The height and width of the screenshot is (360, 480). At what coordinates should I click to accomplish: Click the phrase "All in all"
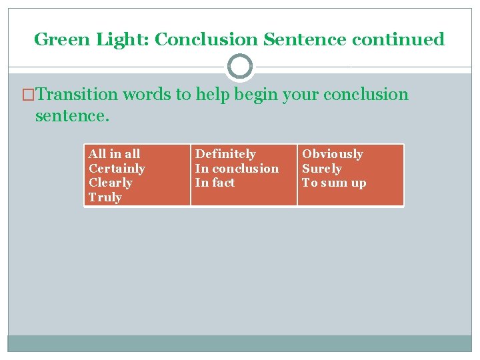point(114,154)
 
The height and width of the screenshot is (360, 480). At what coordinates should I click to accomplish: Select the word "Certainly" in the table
point(117,169)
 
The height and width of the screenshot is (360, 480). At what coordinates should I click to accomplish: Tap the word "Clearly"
point(111,183)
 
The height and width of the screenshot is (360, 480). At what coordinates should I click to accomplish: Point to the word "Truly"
point(105,197)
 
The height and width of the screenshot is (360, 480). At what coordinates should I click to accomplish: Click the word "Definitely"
point(225,154)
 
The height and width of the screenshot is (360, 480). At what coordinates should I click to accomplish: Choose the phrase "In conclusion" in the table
point(237,169)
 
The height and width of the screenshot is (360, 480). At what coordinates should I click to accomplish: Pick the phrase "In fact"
point(215,183)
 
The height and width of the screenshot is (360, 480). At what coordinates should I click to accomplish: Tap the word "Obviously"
point(333,154)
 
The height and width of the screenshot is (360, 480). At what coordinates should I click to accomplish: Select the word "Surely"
point(322,169)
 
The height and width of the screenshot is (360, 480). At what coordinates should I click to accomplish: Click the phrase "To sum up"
point(334,183)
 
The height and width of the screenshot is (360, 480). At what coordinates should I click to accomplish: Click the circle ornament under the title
point(240,67)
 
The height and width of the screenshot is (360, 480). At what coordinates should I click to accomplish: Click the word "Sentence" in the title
point(305,39)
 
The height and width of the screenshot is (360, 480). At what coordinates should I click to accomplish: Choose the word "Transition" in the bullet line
point(79,94)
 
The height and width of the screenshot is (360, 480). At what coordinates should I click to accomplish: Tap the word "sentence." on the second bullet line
point(71,117)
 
